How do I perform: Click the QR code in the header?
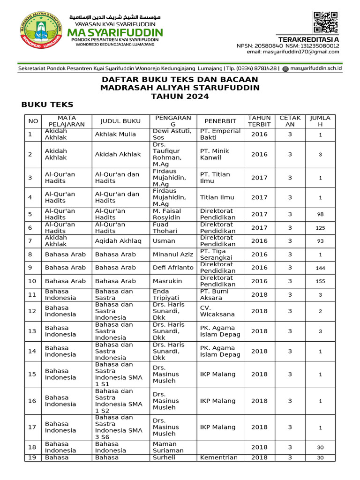[x=325, y=22]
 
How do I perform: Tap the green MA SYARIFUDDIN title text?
[x=115, y=32]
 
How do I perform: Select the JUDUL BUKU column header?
[x=120, y=121]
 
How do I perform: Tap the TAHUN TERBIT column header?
[x=259, y=121]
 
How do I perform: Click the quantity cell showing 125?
[x=320, y=228]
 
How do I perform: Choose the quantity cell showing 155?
[x=320, y=281]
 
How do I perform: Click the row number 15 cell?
[x=32, y=374]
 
